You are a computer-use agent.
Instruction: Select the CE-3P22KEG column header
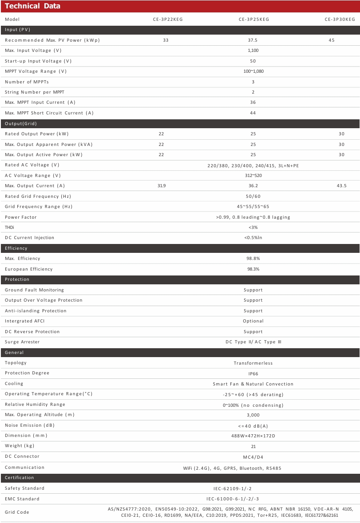tap(165, 20)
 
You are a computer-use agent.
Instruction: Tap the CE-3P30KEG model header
tap(340, 20)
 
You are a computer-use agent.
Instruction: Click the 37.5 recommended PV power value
tap(253, 40)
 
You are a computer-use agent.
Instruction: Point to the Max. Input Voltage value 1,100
tap(253, 51)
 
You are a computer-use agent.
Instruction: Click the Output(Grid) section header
tap(21, 123)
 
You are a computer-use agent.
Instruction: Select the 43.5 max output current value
tap(341, 186)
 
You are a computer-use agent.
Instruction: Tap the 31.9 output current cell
tap(162, 186)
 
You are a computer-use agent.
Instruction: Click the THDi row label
tap(9, 228)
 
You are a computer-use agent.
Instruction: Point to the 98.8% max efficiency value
tap(253, 259)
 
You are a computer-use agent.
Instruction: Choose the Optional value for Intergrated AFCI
tap(253, 321)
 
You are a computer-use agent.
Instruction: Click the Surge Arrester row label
tap(22, 342)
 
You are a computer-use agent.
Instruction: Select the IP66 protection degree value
tap(253, 374)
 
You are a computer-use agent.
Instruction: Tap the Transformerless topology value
tap(253, 363)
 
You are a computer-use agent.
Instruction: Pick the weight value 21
tap(253, 447)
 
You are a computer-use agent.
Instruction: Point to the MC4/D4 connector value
tap(253, 457)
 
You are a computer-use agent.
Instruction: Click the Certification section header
tap(19, 478)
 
